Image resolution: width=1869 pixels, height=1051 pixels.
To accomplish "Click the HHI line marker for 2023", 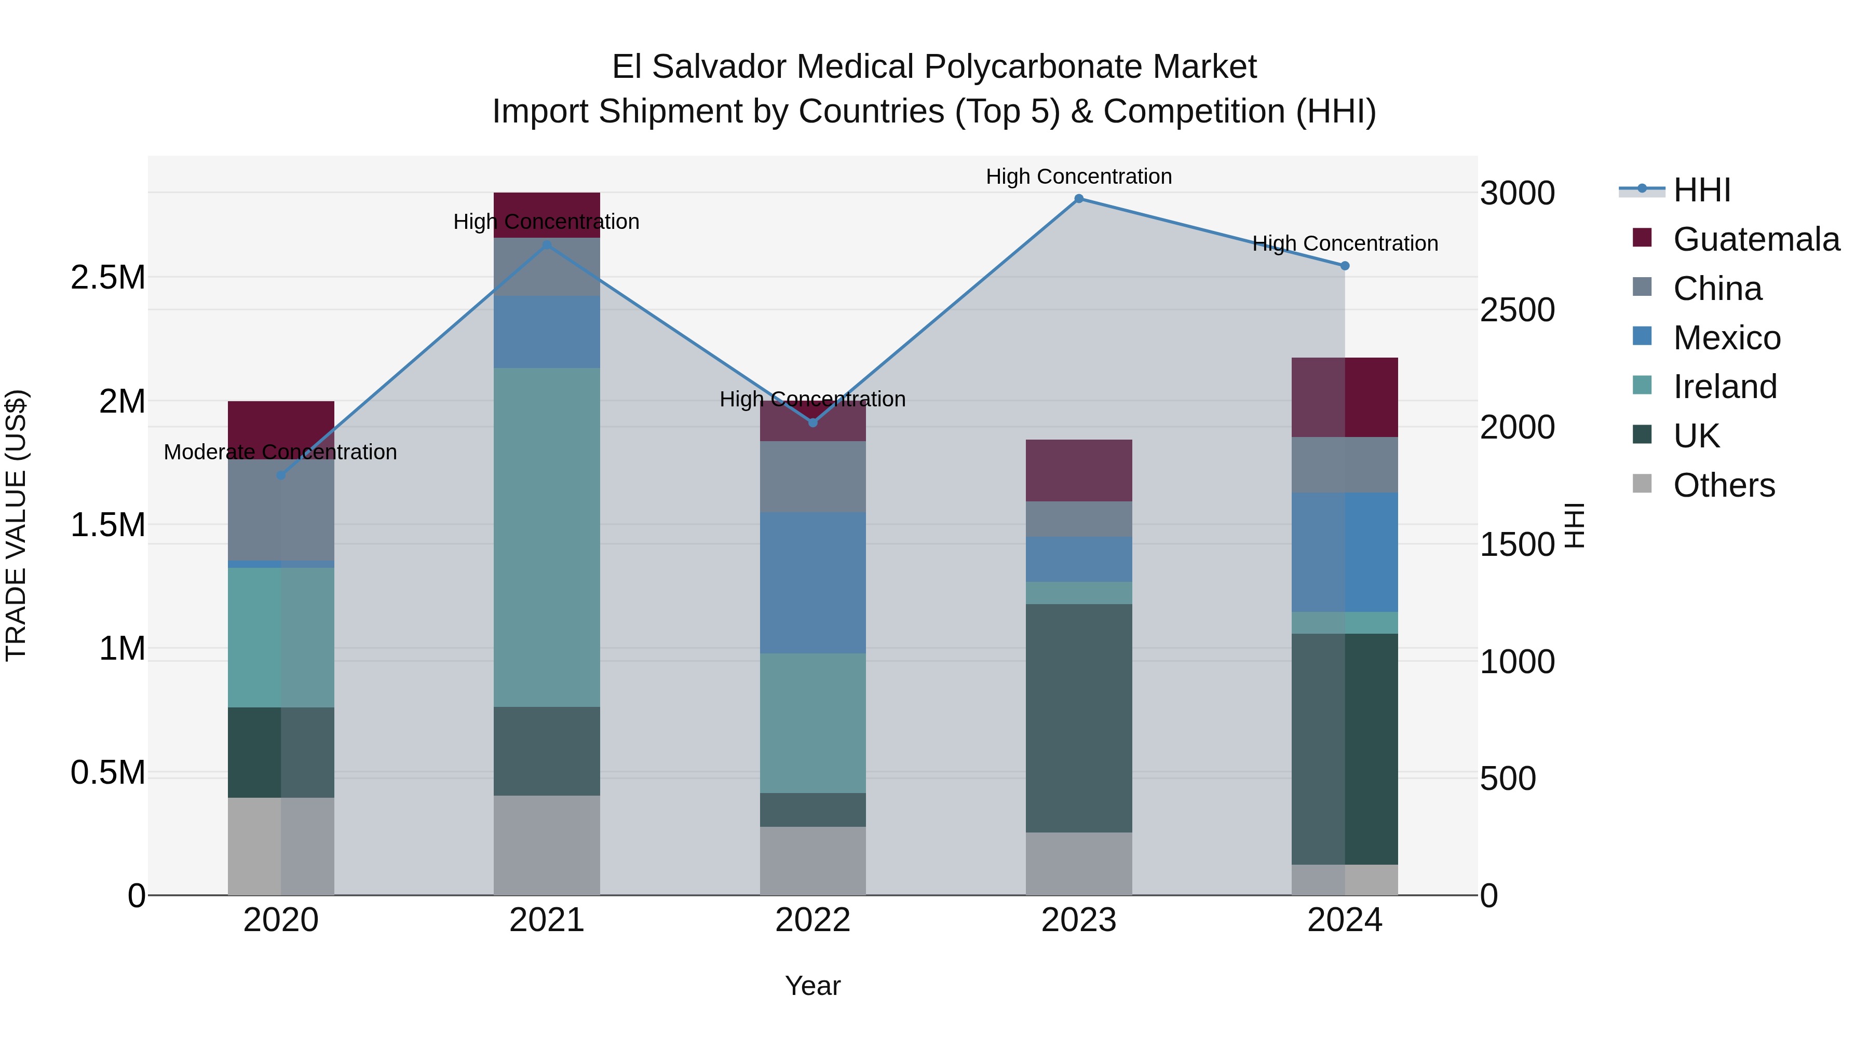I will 1078,199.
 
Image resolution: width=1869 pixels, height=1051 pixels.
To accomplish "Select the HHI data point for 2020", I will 281,475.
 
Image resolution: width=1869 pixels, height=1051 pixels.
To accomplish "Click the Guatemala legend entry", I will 1756,239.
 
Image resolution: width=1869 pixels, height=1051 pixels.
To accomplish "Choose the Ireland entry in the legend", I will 1725,387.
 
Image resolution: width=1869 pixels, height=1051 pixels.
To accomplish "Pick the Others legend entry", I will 1723,485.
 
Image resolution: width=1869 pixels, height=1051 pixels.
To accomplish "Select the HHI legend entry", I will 1701,190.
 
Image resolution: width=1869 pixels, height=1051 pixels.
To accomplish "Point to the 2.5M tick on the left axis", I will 107,277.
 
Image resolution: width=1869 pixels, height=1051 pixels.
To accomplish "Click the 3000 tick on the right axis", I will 1517,194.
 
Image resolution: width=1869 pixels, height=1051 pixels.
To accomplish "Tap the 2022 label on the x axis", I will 812,920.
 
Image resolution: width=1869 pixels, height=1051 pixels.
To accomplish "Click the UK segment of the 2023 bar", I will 1078,718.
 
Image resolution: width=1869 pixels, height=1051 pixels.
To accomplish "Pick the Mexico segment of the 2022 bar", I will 812,582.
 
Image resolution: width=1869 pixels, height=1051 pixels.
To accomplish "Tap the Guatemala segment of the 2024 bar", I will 1345,397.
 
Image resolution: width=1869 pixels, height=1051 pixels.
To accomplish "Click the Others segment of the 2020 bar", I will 281,846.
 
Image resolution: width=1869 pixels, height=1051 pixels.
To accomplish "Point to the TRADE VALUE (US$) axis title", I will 16,525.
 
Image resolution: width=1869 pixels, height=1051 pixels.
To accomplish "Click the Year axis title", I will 812,986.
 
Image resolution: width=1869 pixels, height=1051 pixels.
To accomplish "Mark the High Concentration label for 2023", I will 1078,176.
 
